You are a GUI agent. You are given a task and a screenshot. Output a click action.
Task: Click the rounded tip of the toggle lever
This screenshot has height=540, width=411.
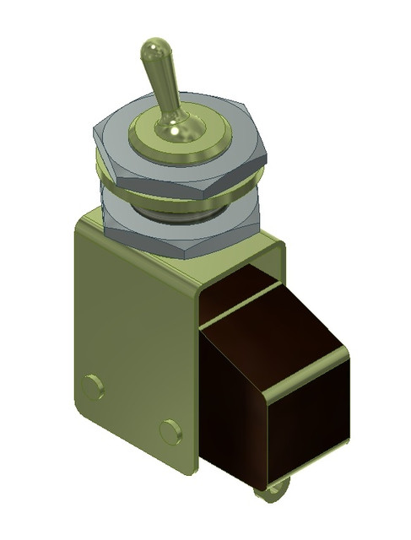[x=154, y=48]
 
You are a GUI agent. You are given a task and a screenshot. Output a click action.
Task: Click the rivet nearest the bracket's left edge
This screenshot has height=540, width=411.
[x=93, y=387]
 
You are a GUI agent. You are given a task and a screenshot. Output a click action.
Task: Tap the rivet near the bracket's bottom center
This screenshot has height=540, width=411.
[x=170, y=432]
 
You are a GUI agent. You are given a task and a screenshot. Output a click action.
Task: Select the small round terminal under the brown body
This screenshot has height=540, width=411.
[x=274, y=493]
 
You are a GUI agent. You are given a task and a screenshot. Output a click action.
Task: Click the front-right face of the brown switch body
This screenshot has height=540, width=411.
[x=308, y=422]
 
